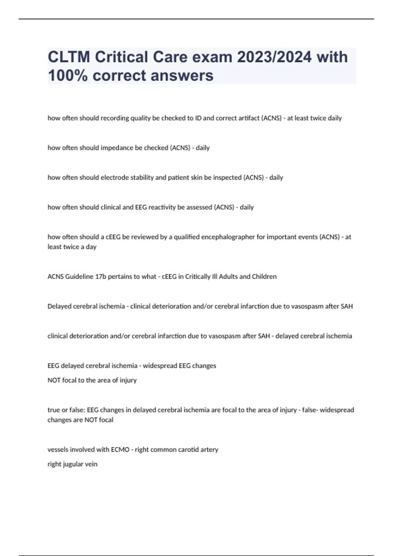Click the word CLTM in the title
pos(68,57)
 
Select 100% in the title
pos(68,76)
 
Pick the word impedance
pos(117,148)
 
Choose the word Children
pos(264,277)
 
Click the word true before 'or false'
pos(54,410)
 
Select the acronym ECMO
pos(120,450)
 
